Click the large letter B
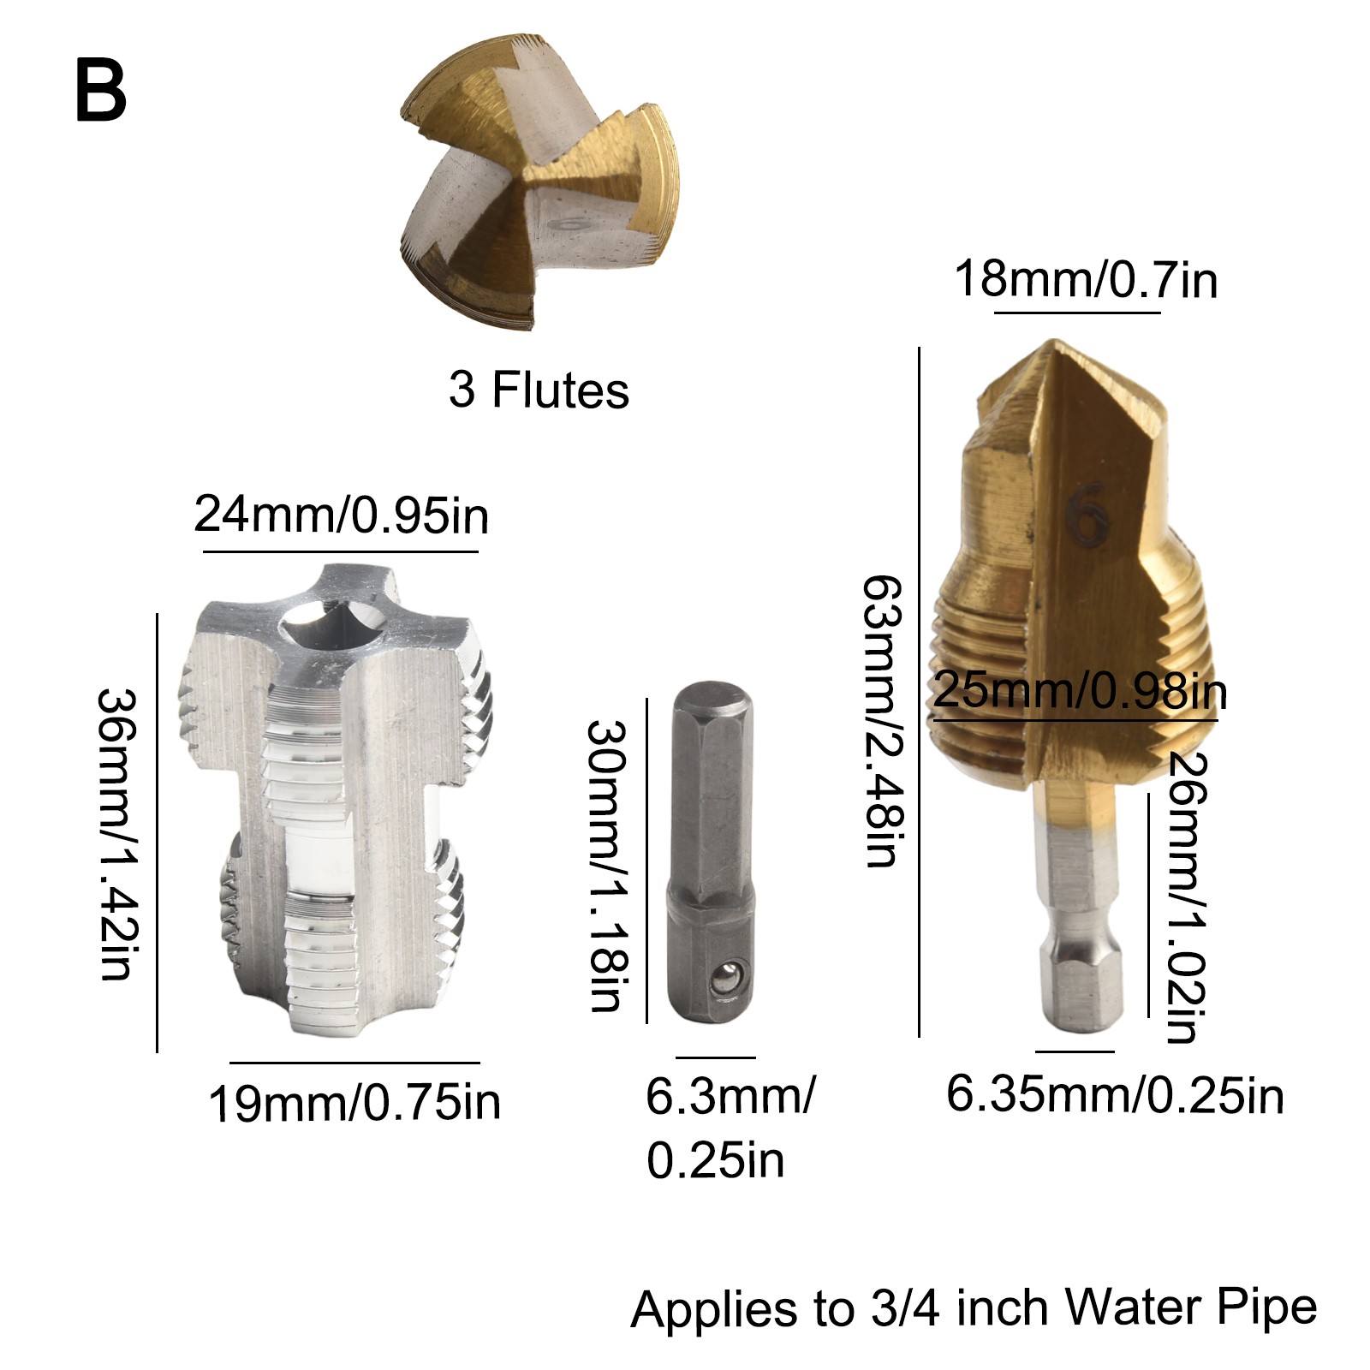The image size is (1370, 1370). pos(100,92)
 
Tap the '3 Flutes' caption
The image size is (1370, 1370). pos(539,390)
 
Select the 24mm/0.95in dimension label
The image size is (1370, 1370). pos(341,515)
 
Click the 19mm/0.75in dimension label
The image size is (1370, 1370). pos(354,1103)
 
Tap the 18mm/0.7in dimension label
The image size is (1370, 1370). pos(1086,279)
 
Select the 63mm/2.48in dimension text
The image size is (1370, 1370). pos(882,721)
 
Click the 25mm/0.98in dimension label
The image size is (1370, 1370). pos(1080,690)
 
